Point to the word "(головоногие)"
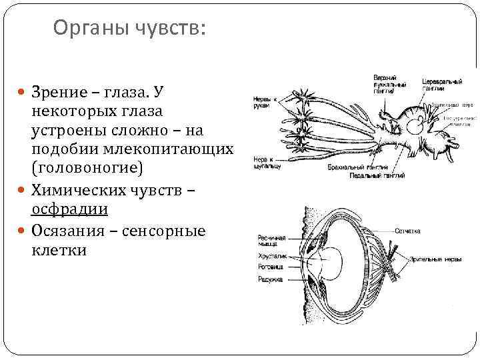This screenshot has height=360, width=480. [87, 166]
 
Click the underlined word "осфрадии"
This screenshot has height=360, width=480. [70, 209]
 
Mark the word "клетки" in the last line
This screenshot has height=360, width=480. [59, 251]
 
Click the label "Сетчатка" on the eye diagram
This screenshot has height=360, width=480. [407, 231]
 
